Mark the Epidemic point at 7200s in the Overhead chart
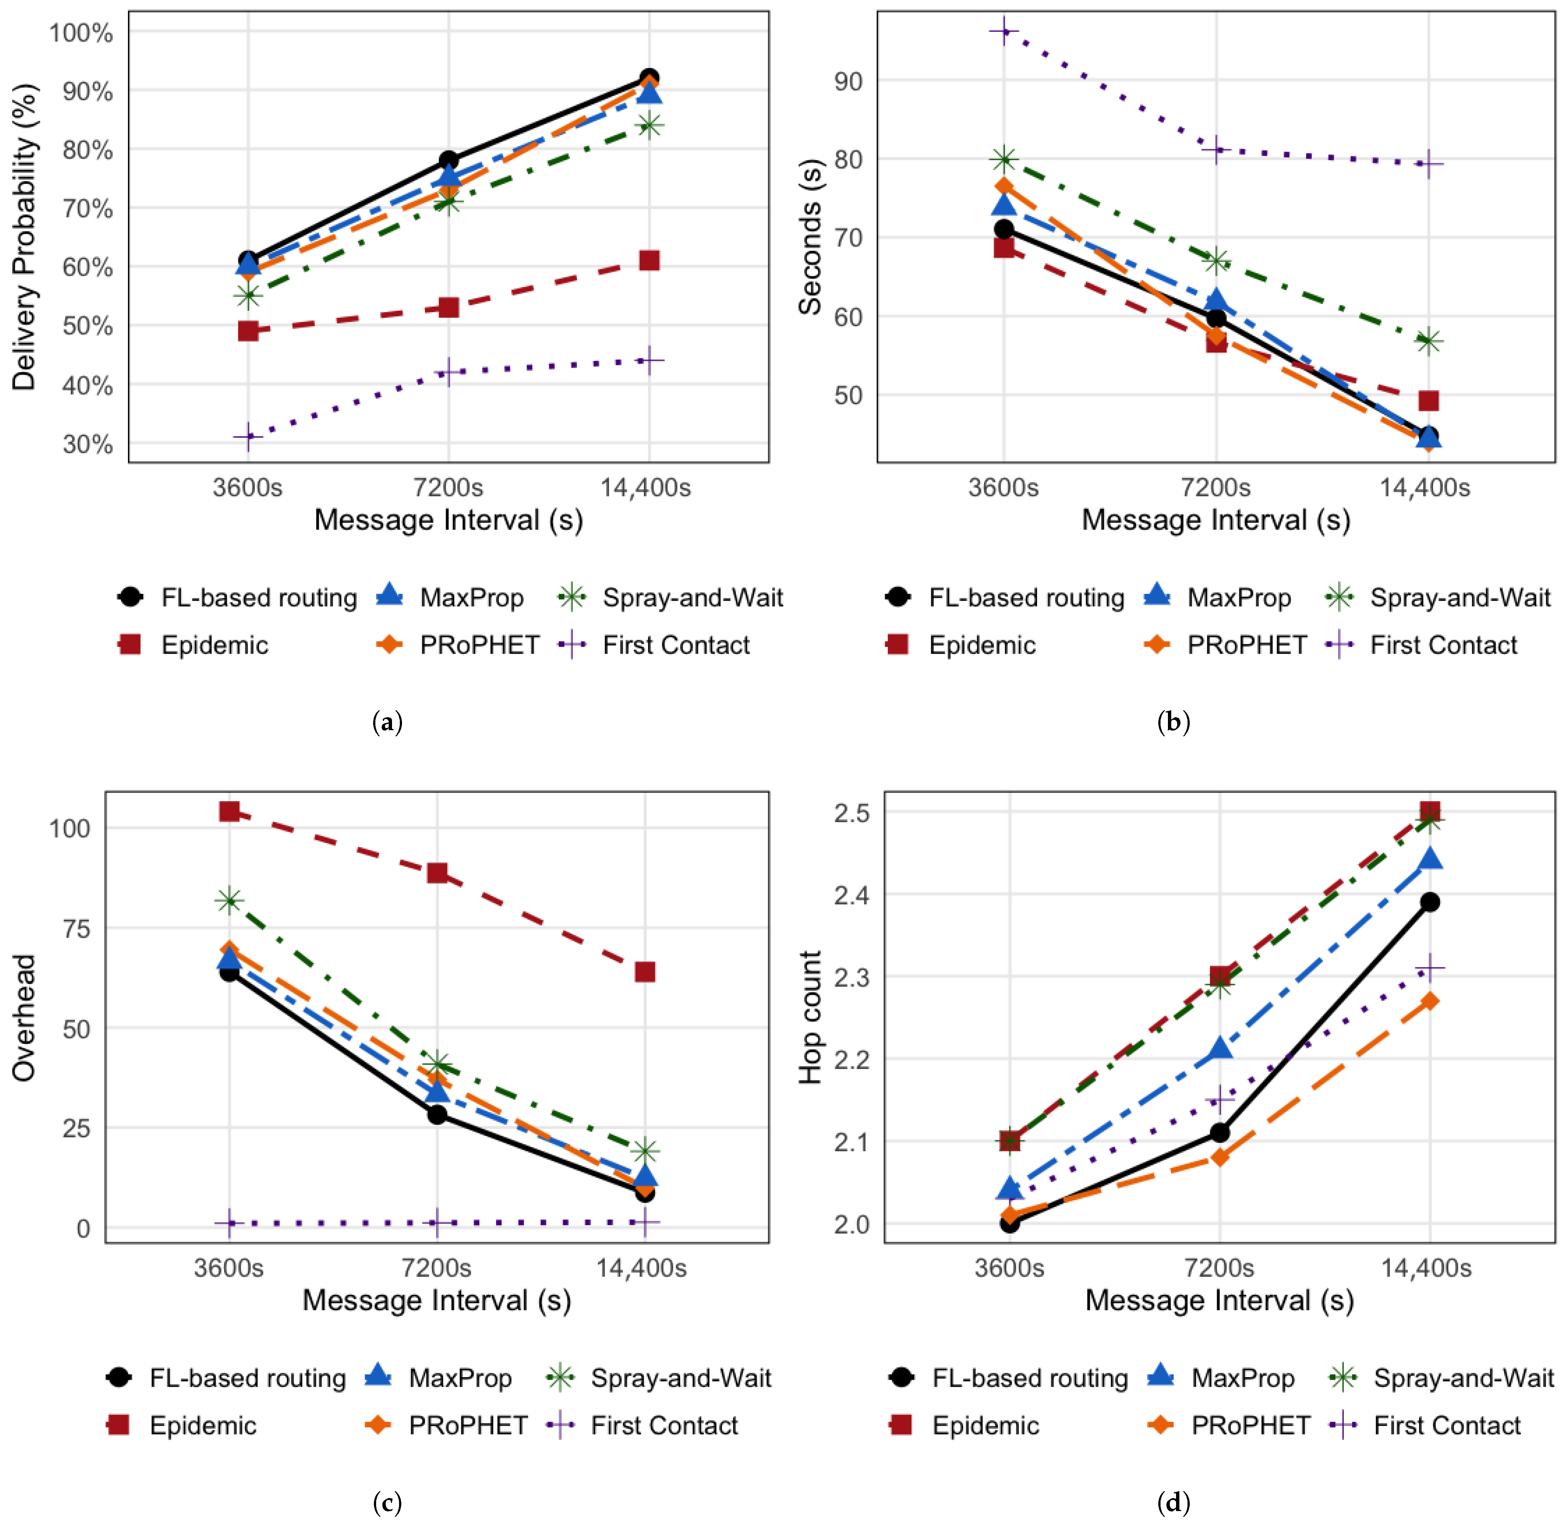pyautogui.click(x=437, y=873)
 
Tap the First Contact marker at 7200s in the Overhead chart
pyautogui.click(x=437, y=1222)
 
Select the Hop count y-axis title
pyautogui.click(x=810, y=1017)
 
